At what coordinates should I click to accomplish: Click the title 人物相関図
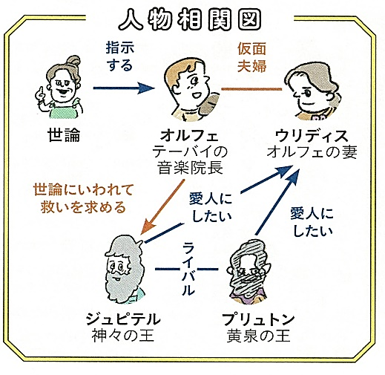click(190, 19)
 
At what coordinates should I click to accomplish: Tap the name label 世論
click(64, 135)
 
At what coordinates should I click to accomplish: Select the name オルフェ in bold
click(189, 135)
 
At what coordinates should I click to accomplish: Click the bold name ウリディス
click(312, 136)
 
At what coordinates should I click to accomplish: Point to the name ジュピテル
click(123, 319)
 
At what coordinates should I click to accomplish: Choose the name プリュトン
click(258, 319)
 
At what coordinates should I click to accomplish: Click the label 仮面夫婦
click(251, 57)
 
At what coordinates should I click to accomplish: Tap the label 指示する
click(120, 56)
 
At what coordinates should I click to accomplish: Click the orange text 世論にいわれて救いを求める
click(83, 198)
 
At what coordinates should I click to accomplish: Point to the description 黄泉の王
click(258, 336)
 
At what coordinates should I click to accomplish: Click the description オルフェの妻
click(312, 151)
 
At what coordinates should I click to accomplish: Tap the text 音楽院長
click(190, 168)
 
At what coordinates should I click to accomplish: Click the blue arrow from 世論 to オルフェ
click(124, 88)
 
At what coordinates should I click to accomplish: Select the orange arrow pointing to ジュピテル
click(162, 206)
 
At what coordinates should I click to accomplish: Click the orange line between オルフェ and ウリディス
click(251, 89)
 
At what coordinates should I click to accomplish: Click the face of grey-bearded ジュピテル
click(118, 268)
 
